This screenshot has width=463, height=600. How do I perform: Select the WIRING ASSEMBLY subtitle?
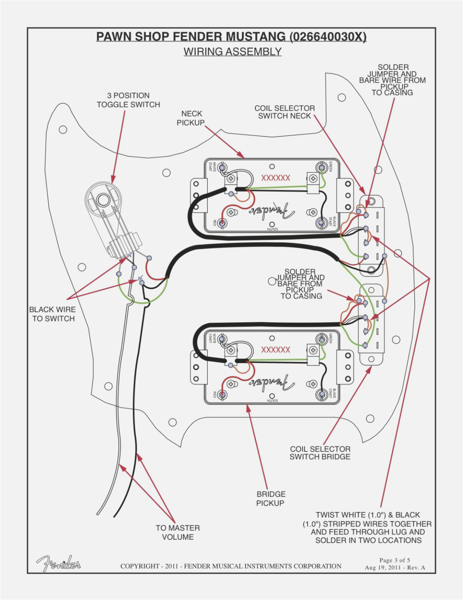coord(232,51)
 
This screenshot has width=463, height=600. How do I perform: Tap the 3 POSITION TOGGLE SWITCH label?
coord(128,100)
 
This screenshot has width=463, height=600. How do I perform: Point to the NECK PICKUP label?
coord(191,118)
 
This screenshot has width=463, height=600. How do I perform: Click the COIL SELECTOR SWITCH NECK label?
coord(284,112)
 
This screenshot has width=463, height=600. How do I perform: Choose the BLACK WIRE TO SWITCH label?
coord(53,314)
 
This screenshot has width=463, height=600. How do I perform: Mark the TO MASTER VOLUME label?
coord(178,532)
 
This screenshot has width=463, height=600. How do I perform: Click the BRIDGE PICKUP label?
coord(270,498)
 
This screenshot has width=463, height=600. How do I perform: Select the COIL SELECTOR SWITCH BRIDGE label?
coord(320,453)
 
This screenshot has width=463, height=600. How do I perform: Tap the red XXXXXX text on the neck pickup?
coord(275,178)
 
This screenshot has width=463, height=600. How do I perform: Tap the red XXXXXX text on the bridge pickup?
coord(275,350)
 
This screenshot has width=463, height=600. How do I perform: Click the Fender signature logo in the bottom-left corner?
coord(58,563)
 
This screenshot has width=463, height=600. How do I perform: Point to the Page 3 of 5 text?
coord(395,560)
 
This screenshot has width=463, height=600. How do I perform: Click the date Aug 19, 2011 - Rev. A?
coord(395,568)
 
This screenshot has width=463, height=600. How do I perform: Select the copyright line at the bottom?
coord(231,566)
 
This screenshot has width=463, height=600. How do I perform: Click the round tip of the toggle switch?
coord(103,200)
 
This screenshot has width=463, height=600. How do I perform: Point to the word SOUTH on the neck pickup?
coord(272,229)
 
